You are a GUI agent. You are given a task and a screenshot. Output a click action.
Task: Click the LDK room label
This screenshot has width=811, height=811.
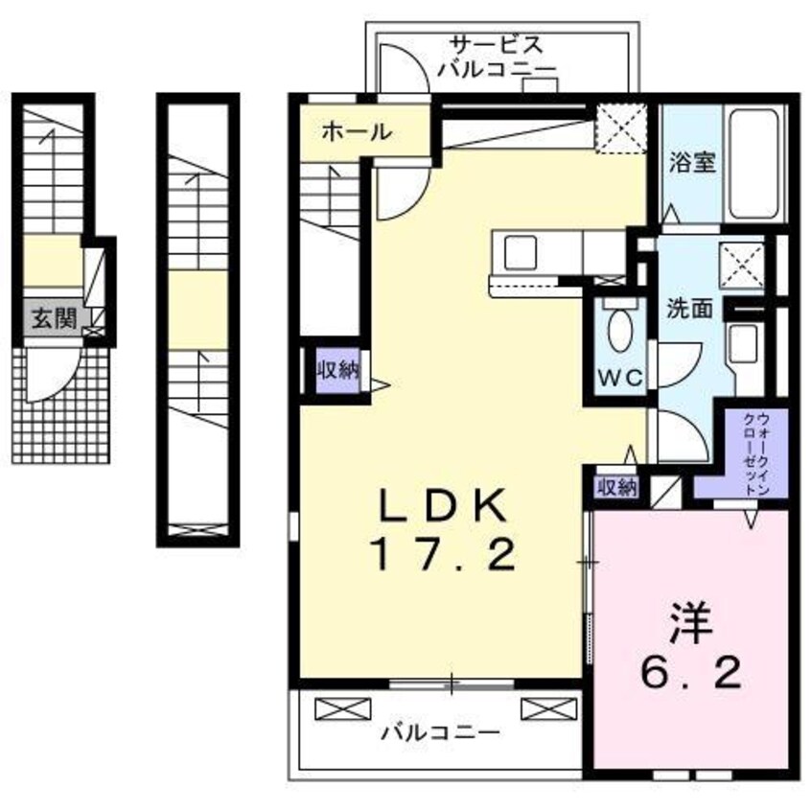pyautogui.click(x=443, y=504)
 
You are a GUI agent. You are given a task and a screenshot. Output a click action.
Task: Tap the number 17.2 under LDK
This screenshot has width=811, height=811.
pyautogui.click(x=443, y=553)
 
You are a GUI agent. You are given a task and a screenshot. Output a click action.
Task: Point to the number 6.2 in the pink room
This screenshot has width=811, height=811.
pyautogui.click(x=691, y=671)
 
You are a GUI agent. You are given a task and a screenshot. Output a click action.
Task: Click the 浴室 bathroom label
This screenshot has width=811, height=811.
pyautogui.click(x=692, y=162)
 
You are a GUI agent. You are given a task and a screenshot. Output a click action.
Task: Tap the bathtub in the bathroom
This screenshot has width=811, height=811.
pyautogui.click(x=753, y=164)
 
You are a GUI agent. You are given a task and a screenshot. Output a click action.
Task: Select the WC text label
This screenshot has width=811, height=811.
pyautogui.click(x=619, y=378)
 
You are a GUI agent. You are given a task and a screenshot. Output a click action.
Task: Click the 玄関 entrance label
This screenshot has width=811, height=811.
pyautogui.click(x=55, y=318)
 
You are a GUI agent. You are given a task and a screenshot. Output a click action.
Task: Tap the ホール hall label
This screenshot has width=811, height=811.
pyautogui.click(x=357, y=132)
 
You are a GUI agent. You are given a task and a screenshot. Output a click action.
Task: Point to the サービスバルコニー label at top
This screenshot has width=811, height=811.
pyautogui.click(x=497, y=57)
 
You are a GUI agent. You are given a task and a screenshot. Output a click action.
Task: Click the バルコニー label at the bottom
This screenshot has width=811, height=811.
pyautogui.click(x=441, y=731)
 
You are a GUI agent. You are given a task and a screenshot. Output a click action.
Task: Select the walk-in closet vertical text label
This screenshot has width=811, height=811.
pyautogui.click(x=756, y=453)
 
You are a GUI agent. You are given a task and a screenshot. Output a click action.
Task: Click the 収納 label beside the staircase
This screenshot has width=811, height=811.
pyautogui.click(x=338, y=370)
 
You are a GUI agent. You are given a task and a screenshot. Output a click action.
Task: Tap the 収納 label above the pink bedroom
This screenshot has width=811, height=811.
pyautogui.click(x=617, y=487)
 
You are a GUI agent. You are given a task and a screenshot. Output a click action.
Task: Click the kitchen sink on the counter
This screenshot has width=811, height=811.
pyautogui.click(x=520, y=252)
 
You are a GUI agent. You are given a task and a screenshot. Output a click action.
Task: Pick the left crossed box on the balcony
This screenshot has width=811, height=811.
pyautogui.click(x=343, y=708)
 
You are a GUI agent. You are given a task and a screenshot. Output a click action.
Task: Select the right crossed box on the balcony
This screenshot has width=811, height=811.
pyautogui.click(x=548, y=708)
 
